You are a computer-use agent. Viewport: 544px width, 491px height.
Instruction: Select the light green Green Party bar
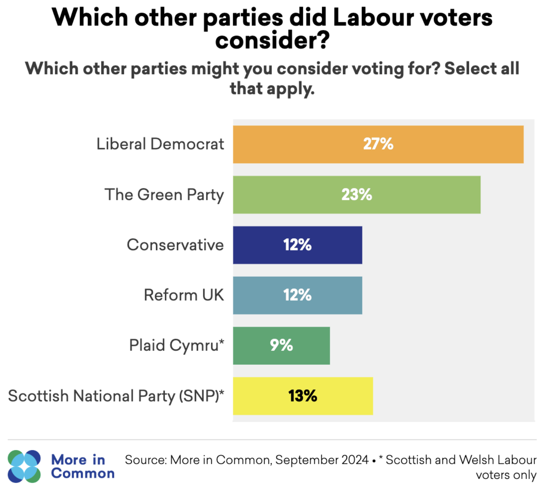click(420, 195)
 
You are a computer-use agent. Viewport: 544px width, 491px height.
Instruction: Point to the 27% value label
click(378, 144)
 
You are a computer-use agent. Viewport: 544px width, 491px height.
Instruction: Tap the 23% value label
click(356, 195)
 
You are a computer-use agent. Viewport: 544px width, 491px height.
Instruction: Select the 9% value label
click(281, 345)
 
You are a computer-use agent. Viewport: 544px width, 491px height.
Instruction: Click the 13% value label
click(302, 396)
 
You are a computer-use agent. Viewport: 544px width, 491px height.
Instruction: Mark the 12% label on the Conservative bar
click(297, 245)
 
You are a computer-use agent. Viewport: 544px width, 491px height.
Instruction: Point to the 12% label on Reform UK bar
click(297, 295)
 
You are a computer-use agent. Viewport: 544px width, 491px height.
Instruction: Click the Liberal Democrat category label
click(160, 144)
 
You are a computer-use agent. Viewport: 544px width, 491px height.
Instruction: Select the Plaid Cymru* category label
click(176, 345)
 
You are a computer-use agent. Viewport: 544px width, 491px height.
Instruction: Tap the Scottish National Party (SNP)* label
click(116, 396)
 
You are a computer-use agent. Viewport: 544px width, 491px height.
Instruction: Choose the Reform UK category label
click(184, 295)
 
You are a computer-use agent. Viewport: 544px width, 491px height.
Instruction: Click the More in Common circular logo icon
click(24, 466)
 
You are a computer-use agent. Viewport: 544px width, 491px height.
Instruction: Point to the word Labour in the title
click(374, 18)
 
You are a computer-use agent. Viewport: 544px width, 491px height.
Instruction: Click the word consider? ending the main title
click(272, 41)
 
